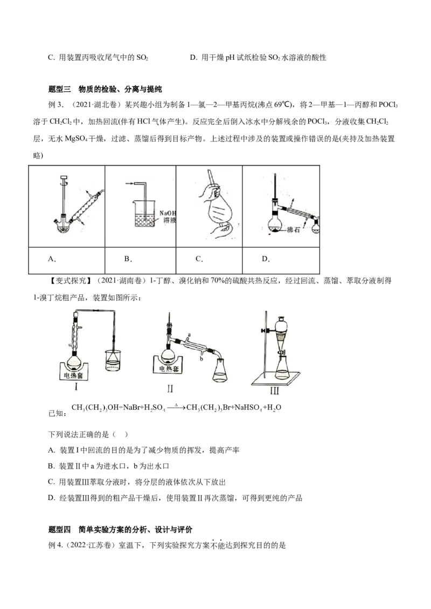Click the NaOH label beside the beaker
tap(168, 213)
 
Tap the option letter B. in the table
tap(128, 259)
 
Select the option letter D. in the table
tap(266, 259)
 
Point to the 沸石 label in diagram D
tap(293, 230)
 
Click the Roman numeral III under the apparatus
tap(275, 391)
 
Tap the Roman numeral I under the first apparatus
tap(77, 387)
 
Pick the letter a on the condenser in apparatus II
tap(190, 334)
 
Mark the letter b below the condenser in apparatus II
tap(201, 359)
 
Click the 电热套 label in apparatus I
tap(73, 376)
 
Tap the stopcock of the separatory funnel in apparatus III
tap(281, 353)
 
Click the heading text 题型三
tap(59, 89)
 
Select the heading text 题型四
tap(59, 529)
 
